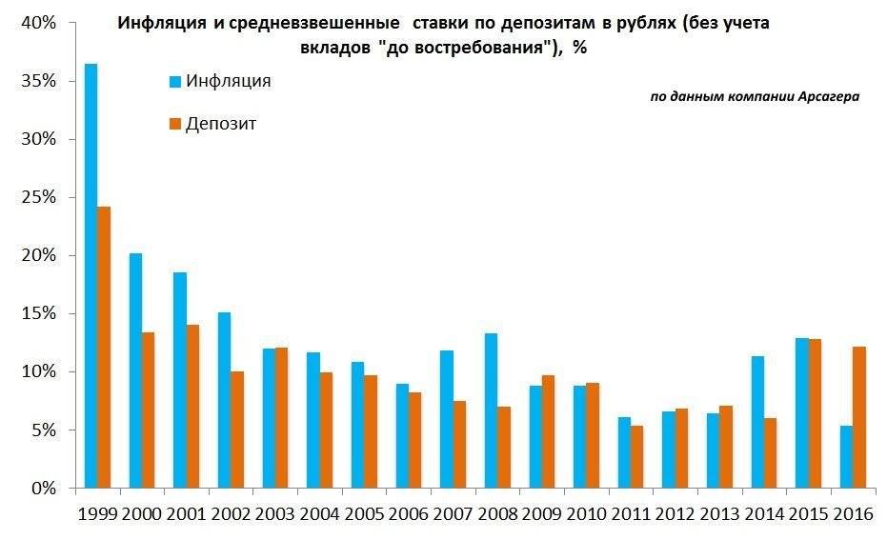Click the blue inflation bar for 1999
[91, 276]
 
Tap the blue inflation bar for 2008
[491, 410]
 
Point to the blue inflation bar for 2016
[846, 457]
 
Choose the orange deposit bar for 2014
[770, 453]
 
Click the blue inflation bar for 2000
[135, 370]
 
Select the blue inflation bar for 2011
[624, 452]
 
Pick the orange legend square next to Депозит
[174, 124]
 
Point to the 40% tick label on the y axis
[39, 23]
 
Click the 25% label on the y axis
[39, 197]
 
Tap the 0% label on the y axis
[44, 489]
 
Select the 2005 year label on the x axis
[364, 515]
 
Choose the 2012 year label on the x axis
[675, 515]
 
